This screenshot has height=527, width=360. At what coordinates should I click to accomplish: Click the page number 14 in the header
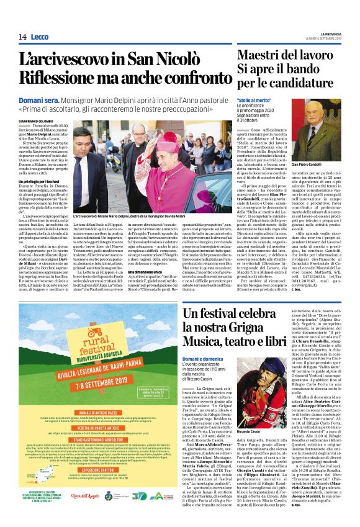pos(22,37)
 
